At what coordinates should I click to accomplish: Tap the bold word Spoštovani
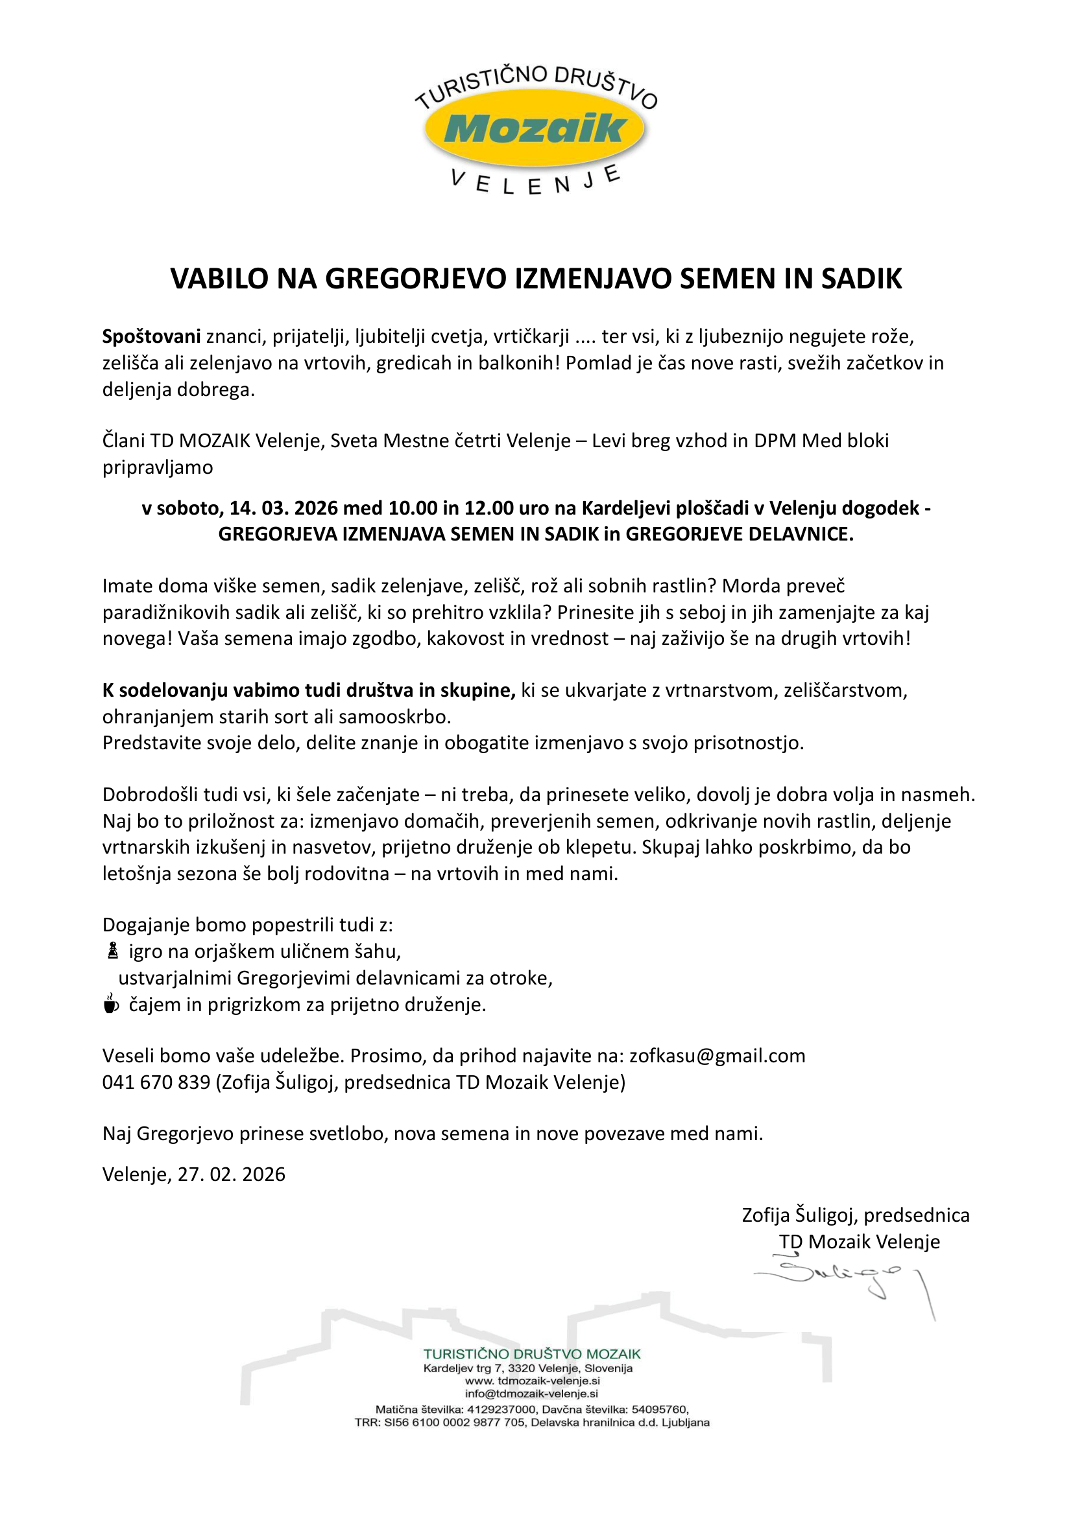click(151, 337)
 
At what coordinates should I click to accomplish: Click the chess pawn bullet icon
click(113, 951)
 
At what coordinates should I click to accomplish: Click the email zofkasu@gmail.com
click(717, 1056)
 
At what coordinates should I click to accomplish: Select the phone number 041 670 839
click(156, 1082)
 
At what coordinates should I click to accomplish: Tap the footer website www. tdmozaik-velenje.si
click(533, 1381)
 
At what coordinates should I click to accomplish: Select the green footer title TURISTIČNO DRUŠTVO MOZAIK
click(532, 1353)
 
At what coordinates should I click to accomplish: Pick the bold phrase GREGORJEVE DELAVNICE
click(739, 534)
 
